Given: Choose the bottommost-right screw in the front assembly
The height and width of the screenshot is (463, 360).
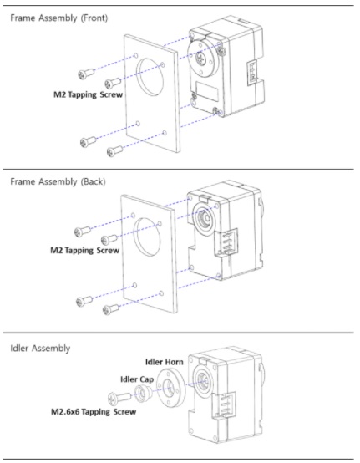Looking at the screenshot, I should pos(113,151).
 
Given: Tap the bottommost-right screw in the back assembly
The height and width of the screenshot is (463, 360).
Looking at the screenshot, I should pos(109,310).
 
